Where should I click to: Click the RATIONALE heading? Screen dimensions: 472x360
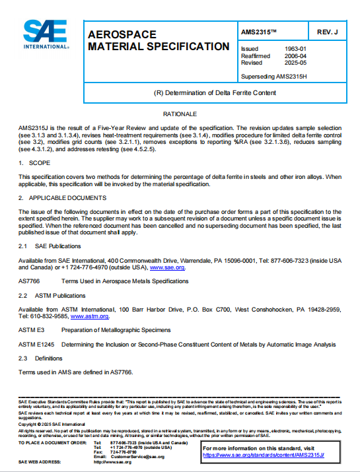180,114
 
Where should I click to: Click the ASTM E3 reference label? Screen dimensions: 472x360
31,329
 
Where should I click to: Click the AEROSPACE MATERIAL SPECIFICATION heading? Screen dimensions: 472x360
159,40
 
